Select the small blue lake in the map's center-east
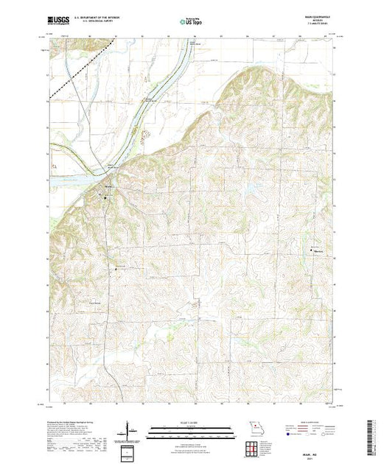(x=251, y=193)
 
